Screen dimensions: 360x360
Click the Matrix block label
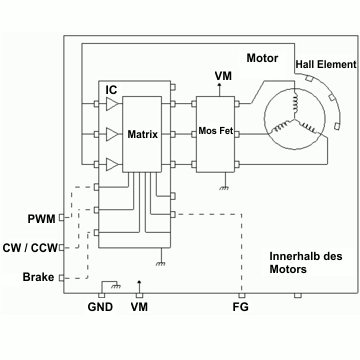tap(143, 135)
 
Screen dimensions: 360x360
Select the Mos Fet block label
tap(215, 130)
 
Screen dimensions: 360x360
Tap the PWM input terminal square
tap(62, 217)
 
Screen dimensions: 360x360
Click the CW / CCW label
tap(30, 248)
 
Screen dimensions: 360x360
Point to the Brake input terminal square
tap(62, 277)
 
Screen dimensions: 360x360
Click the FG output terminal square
tap(242, 295)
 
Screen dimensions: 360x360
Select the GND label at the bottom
tap(100, 307)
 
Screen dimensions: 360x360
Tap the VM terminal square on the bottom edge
tap(140, 295)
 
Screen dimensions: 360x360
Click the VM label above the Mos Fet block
tap(223, 76)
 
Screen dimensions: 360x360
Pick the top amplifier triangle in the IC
tap(112, 104)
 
